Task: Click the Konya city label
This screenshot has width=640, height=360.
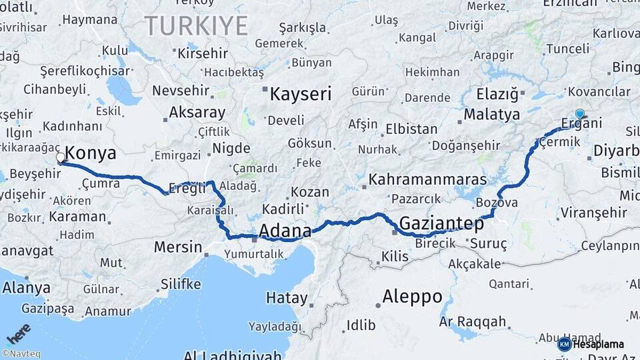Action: click(x=91, y=153)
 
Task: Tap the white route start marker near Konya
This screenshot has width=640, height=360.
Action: click(x=61, y=158)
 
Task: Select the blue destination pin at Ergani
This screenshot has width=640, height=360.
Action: click(x=580, y=114)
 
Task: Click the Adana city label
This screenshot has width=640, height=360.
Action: click(x=285, y=231)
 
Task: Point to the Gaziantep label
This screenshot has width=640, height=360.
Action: click(x=441, y=223)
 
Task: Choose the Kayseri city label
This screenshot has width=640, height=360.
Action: click(x=300, y=94)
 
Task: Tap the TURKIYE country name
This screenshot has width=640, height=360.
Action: click(x=196, y=26)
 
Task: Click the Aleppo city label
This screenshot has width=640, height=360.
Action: click(x=412, y=296)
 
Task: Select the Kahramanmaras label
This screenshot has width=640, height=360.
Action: click(x=427, y=179)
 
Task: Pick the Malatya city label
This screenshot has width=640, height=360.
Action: click(x=491, y=114)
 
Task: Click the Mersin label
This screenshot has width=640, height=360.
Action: click(x=178, y=247)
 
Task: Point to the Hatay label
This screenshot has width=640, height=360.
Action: click(x=287, y=298)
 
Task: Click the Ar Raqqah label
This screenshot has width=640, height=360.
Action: click(x=473, y=322)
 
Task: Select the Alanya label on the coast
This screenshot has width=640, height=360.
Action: click(x=26, y=288)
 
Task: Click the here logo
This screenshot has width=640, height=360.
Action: click(x=19, y=333)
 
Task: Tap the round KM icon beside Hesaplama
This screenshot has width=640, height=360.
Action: click(x=564, y=344)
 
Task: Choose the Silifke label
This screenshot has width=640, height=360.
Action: click(x=180, y=284)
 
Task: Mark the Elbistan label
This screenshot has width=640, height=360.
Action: click(x=407, y=129)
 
